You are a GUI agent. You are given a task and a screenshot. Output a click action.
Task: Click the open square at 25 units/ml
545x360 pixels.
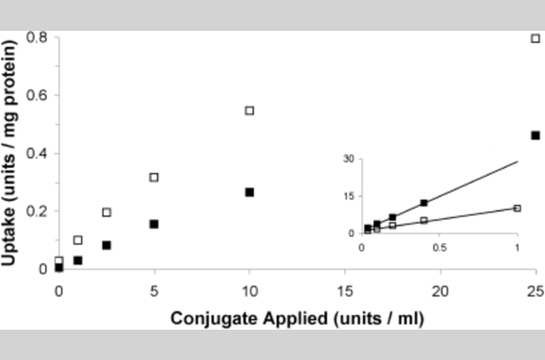[x=535, y=38]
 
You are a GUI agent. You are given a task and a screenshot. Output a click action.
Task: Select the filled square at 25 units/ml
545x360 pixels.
[x=535, y=135]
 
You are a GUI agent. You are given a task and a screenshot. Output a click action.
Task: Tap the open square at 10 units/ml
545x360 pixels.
[x=249, y=110]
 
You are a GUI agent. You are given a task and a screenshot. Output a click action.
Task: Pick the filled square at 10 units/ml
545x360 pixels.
[x=249, y=192]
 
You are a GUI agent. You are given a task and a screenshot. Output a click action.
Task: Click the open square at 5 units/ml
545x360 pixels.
[x=154, y=177]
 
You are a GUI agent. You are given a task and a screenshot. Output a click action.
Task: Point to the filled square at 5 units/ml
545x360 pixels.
[x=154, y=224]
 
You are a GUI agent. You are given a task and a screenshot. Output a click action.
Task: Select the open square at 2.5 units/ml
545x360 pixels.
[x=107, y=212]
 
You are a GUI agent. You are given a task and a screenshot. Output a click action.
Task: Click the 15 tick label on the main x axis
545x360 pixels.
[x=345, y=290]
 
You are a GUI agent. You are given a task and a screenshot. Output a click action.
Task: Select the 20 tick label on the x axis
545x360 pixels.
[x=440, y=290]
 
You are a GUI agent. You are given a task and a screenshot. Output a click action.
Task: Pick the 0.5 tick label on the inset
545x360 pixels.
[x=440, y=247]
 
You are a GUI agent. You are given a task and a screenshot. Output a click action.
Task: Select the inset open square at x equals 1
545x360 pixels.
[x=517, y=208]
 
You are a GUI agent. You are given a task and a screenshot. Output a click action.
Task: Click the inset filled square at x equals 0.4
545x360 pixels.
[x=424, y=203]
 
